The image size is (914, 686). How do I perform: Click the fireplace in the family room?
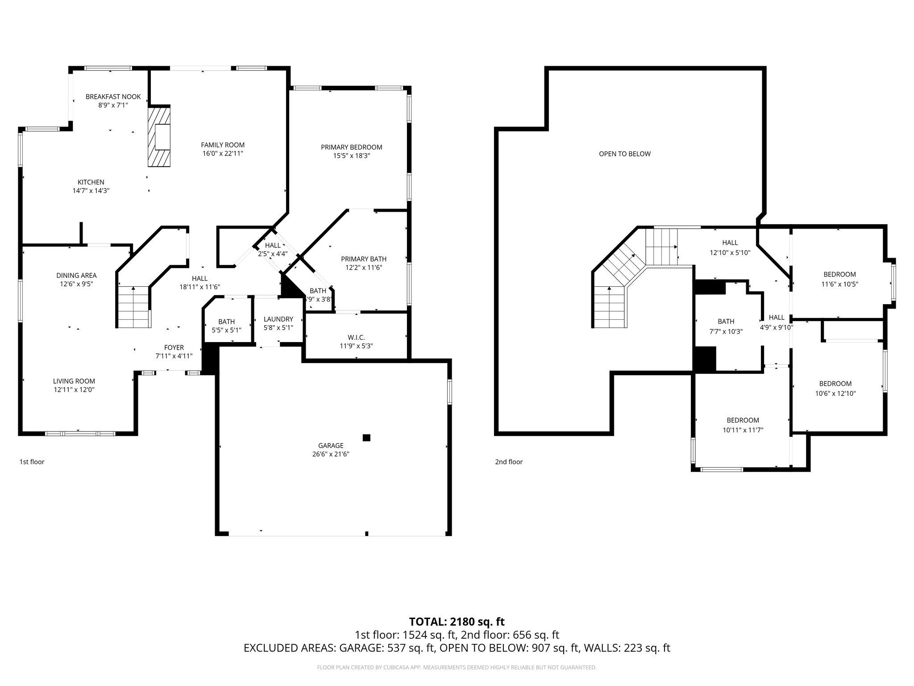160,137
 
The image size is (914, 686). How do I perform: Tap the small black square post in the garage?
366,438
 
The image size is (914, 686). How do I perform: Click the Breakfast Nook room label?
113,96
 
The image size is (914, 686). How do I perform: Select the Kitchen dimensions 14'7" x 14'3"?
91,191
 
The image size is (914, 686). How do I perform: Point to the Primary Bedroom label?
351,147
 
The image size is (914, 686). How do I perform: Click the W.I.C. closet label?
356,337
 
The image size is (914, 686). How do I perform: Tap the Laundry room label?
278,319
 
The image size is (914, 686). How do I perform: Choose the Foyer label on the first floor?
174,347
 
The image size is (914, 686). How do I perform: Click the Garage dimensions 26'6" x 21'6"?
331,454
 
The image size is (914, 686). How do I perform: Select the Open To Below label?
624,154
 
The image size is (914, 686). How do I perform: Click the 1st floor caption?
32,462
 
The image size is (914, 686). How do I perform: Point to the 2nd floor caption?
508,462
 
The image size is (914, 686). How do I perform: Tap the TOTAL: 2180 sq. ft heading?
457,621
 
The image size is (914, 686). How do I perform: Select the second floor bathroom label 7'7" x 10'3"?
726,331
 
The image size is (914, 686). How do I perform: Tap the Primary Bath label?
363,259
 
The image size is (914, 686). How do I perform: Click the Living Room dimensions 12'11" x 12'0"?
74,389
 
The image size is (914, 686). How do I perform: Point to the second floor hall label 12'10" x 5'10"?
730,252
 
